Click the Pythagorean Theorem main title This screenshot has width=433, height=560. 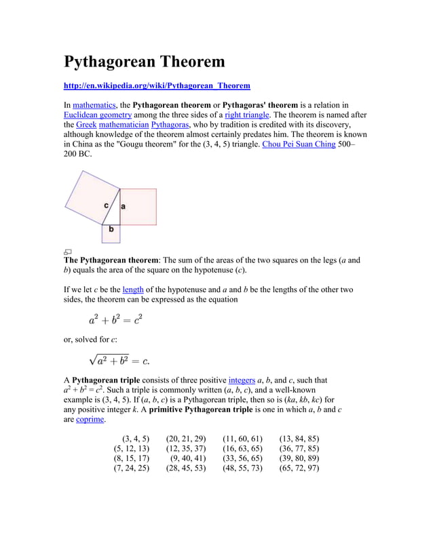point(144,62)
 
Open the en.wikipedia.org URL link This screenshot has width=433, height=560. point(157,86)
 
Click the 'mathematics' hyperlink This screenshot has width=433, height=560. point(94,105)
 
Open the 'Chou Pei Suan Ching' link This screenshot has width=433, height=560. point(299,144)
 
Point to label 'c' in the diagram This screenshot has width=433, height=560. point(107,205)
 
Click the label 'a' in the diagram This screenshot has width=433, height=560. point(124,205)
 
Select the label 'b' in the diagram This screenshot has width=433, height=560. point(111,230)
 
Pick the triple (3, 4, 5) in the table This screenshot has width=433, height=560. point(135,439)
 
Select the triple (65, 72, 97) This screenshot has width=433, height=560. point(299,468)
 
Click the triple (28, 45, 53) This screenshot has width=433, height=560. point(185,468)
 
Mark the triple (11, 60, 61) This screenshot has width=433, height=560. point(242,439)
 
